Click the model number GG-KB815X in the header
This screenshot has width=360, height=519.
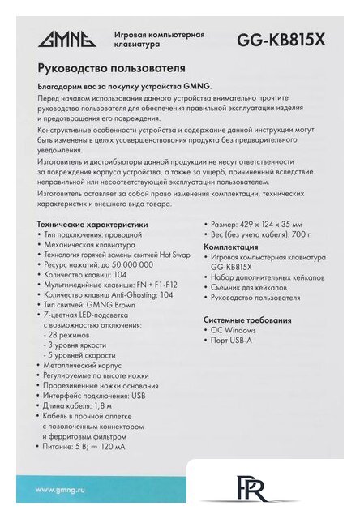click(281, 40)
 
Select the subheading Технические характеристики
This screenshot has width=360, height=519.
click(93, 223)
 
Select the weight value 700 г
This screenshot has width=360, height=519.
click(299, 234)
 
